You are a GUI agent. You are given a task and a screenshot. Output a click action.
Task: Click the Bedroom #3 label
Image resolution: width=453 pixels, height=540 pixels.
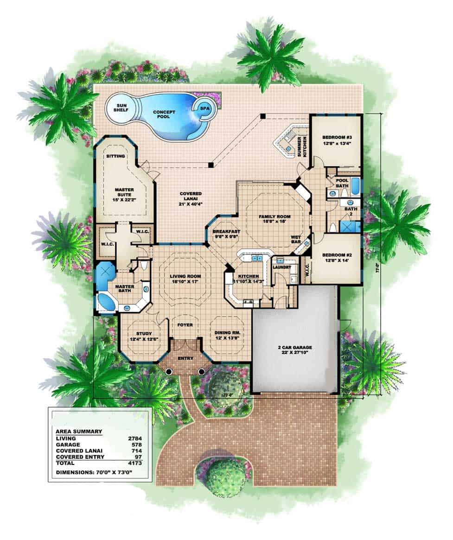(336, 140)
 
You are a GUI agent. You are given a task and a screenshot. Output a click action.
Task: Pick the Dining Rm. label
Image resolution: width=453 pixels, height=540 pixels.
(227, 336)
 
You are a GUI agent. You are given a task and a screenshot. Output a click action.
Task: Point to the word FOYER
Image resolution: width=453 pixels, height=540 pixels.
(185, 325)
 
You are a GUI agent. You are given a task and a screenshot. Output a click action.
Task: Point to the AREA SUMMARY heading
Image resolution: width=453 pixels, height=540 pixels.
(79, 431)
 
